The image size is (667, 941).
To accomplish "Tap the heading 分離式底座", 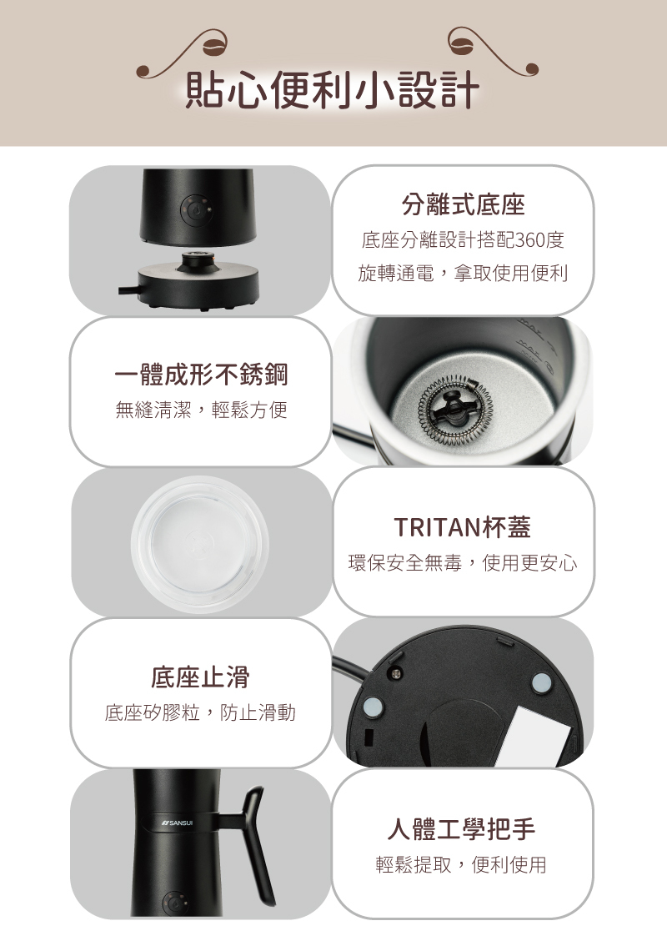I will point(463,204).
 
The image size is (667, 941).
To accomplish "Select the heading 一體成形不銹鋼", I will point(201,375).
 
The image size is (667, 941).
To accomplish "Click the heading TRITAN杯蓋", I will point(462,527).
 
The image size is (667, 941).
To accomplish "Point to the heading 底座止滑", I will point(200,677).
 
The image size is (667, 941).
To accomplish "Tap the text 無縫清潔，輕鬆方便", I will point(201,410).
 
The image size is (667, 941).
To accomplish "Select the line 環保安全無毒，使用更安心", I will point(462,563).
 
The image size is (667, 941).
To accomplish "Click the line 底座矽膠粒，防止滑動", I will point(200,712).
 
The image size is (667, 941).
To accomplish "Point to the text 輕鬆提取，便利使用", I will point(462,865).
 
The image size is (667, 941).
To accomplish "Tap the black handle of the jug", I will point(254,843).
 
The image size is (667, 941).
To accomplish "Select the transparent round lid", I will point(200,541).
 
